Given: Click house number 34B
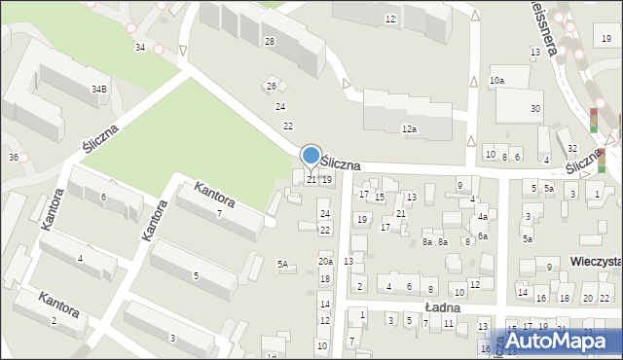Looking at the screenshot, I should (99, 89).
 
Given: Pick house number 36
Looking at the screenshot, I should (13, 157).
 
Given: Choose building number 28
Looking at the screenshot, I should (269, 41).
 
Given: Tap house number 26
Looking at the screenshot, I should (272, 87).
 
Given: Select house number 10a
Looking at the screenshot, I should (497, 80).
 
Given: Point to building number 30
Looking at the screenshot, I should (535, 108).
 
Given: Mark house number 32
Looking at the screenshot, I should (572, 148).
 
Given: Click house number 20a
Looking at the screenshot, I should (325, 261).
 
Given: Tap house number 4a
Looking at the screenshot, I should (482, 217).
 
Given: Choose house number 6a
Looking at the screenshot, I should (482, 236).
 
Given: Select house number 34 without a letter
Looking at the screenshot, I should (140, 47).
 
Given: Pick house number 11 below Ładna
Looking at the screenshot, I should (449, 322).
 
